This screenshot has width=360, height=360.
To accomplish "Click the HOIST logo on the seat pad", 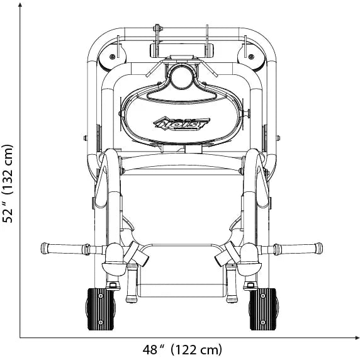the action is (x=181, y=124).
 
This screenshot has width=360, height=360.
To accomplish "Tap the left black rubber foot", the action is (x=101, y=309).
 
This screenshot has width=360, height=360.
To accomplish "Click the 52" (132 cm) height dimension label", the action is (x=8, y=184).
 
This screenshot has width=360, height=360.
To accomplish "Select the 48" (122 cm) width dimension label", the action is (x=183, y=350).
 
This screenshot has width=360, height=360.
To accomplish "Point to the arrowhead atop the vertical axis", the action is (x=20, y=5).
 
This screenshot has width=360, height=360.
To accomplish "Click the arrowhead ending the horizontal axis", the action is (x=356, y=337).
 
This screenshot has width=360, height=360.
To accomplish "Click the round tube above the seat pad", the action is (x=182, y=77).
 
